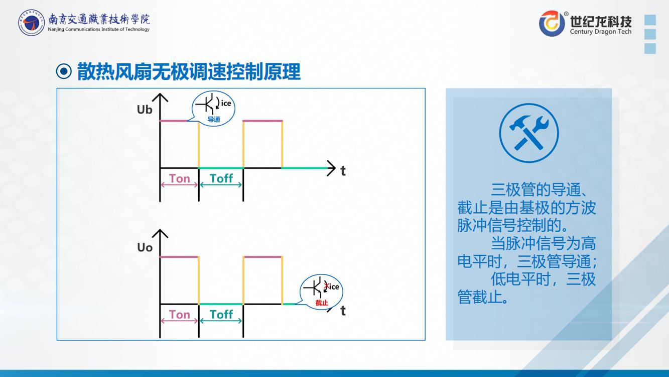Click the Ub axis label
click(x=145, y=109)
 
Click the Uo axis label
click(x=145, y=247)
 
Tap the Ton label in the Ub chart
click(x=180, y=178)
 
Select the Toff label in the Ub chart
click(x=221, y=178)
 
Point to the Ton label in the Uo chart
click(x=180, y=315)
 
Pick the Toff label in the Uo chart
click(x=221, y=315)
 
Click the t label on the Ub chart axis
click(x=343, y=171)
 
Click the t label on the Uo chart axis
click(x=343, y=311)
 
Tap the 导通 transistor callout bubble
click(x=214, y=110)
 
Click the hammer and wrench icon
click(x=528, y=133)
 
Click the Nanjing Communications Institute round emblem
click(x=31, y=23)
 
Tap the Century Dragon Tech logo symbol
click(x=552, y=23)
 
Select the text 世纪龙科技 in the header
click(x=601, y=20)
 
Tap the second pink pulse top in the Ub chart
click(x=262, y=121)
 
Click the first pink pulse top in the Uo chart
click(x=179, y=257)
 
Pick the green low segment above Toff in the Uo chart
click(x=221, y=304)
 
